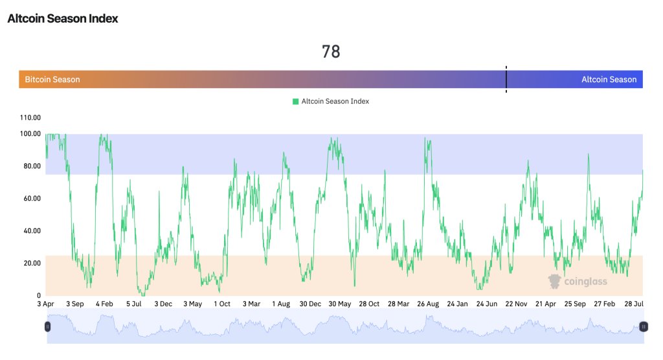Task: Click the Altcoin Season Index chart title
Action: click(x=63, y=18)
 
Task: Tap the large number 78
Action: click(x=331, y=52)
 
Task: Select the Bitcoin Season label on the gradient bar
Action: click(x=52, y=80)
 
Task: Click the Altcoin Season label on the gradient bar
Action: click(x=609, y=80)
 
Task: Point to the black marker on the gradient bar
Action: click(x=506, y=79)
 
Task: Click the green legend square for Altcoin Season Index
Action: click(x=296, y=101)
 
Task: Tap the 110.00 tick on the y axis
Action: click(x=31, y=118)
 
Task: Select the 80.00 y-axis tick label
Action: click(x=31, y=166)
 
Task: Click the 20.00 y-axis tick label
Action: click(x=31, y=264)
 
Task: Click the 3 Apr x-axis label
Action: click(x=46, y=304)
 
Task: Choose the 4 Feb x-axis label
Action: click(x=105, y=304)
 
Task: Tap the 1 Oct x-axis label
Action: click(x=222, y=304)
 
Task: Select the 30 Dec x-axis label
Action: click(x=310, y=304)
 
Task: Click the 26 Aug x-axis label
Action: click(x=428, y=304)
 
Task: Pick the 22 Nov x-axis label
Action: click(x=516, y=304)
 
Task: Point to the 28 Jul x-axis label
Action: click(x=633, y=304)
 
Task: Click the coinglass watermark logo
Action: click(x=555, y=281)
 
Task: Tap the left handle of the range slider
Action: click(x=47, y=327)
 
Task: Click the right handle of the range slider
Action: click(x=643, y=327)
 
